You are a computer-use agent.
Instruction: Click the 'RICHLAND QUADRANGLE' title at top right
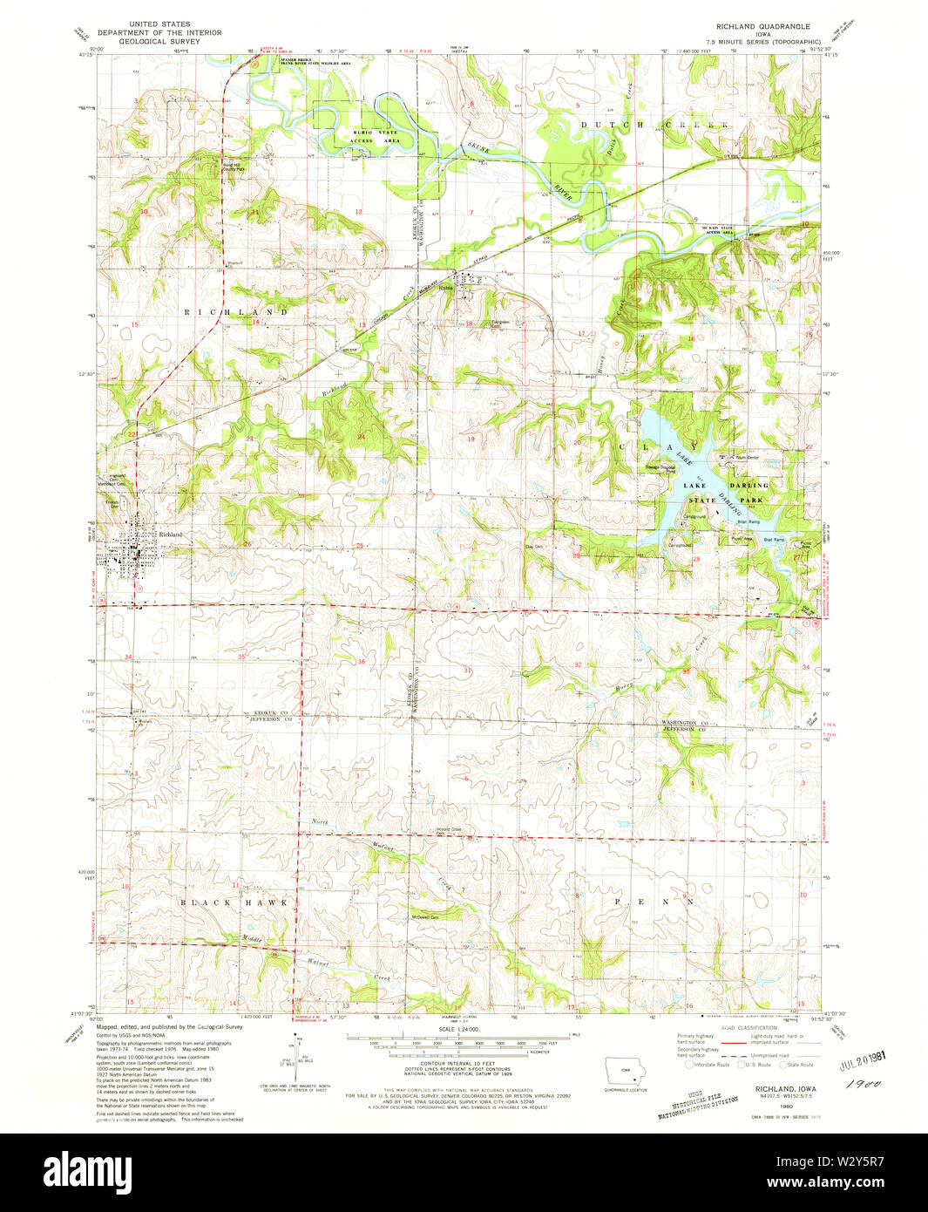(x=750, y=26)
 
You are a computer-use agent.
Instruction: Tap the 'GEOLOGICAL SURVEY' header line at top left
(x=146, y=41)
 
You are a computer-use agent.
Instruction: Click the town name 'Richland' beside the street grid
(x=170, y=535)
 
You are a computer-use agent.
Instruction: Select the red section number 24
(x=360, y=436)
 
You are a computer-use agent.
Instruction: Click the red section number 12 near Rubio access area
(x=358, y=212)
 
